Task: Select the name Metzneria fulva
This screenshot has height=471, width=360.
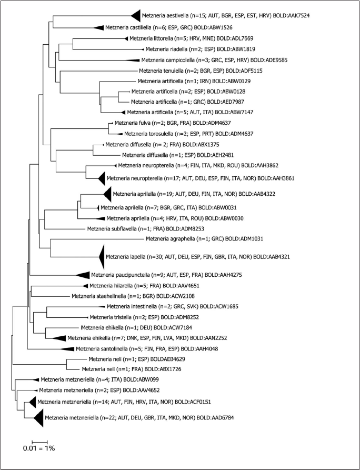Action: [131, 124]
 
